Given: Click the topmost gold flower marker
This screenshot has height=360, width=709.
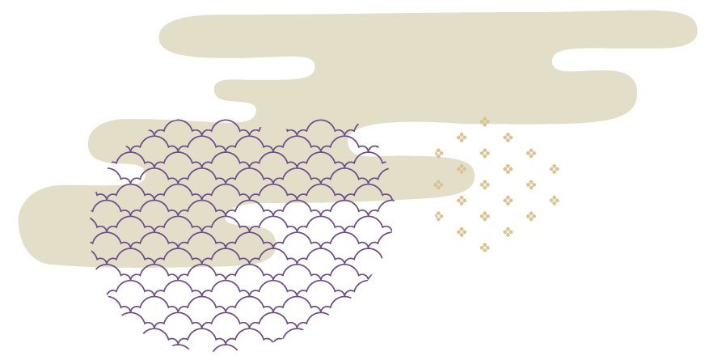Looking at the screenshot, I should click(x=484, y=122).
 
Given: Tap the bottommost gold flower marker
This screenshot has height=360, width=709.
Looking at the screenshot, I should click(x=484, y=248).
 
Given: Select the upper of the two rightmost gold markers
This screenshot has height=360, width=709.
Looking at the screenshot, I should click(x=554, y=169).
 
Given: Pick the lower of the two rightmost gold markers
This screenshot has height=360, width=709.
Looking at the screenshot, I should click(x=554, y=201).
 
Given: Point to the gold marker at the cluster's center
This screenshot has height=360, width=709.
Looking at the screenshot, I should click(x=484, y=184).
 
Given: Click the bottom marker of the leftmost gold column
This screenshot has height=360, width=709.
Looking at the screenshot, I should click(x=439, y=216).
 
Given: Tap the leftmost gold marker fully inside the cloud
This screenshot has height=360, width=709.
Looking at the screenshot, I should click(x=438, y=184).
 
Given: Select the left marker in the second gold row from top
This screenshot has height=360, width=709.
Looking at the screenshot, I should click(x=462, y=138).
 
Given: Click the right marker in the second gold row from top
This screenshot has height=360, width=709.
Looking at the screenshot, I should click(x=508, y=138).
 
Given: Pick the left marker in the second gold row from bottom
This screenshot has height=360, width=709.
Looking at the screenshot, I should click(x=462, y=232).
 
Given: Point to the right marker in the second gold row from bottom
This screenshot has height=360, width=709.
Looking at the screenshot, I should click(x=508, y=232).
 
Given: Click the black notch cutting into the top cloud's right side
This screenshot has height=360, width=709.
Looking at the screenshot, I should click(x=566, y=60).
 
